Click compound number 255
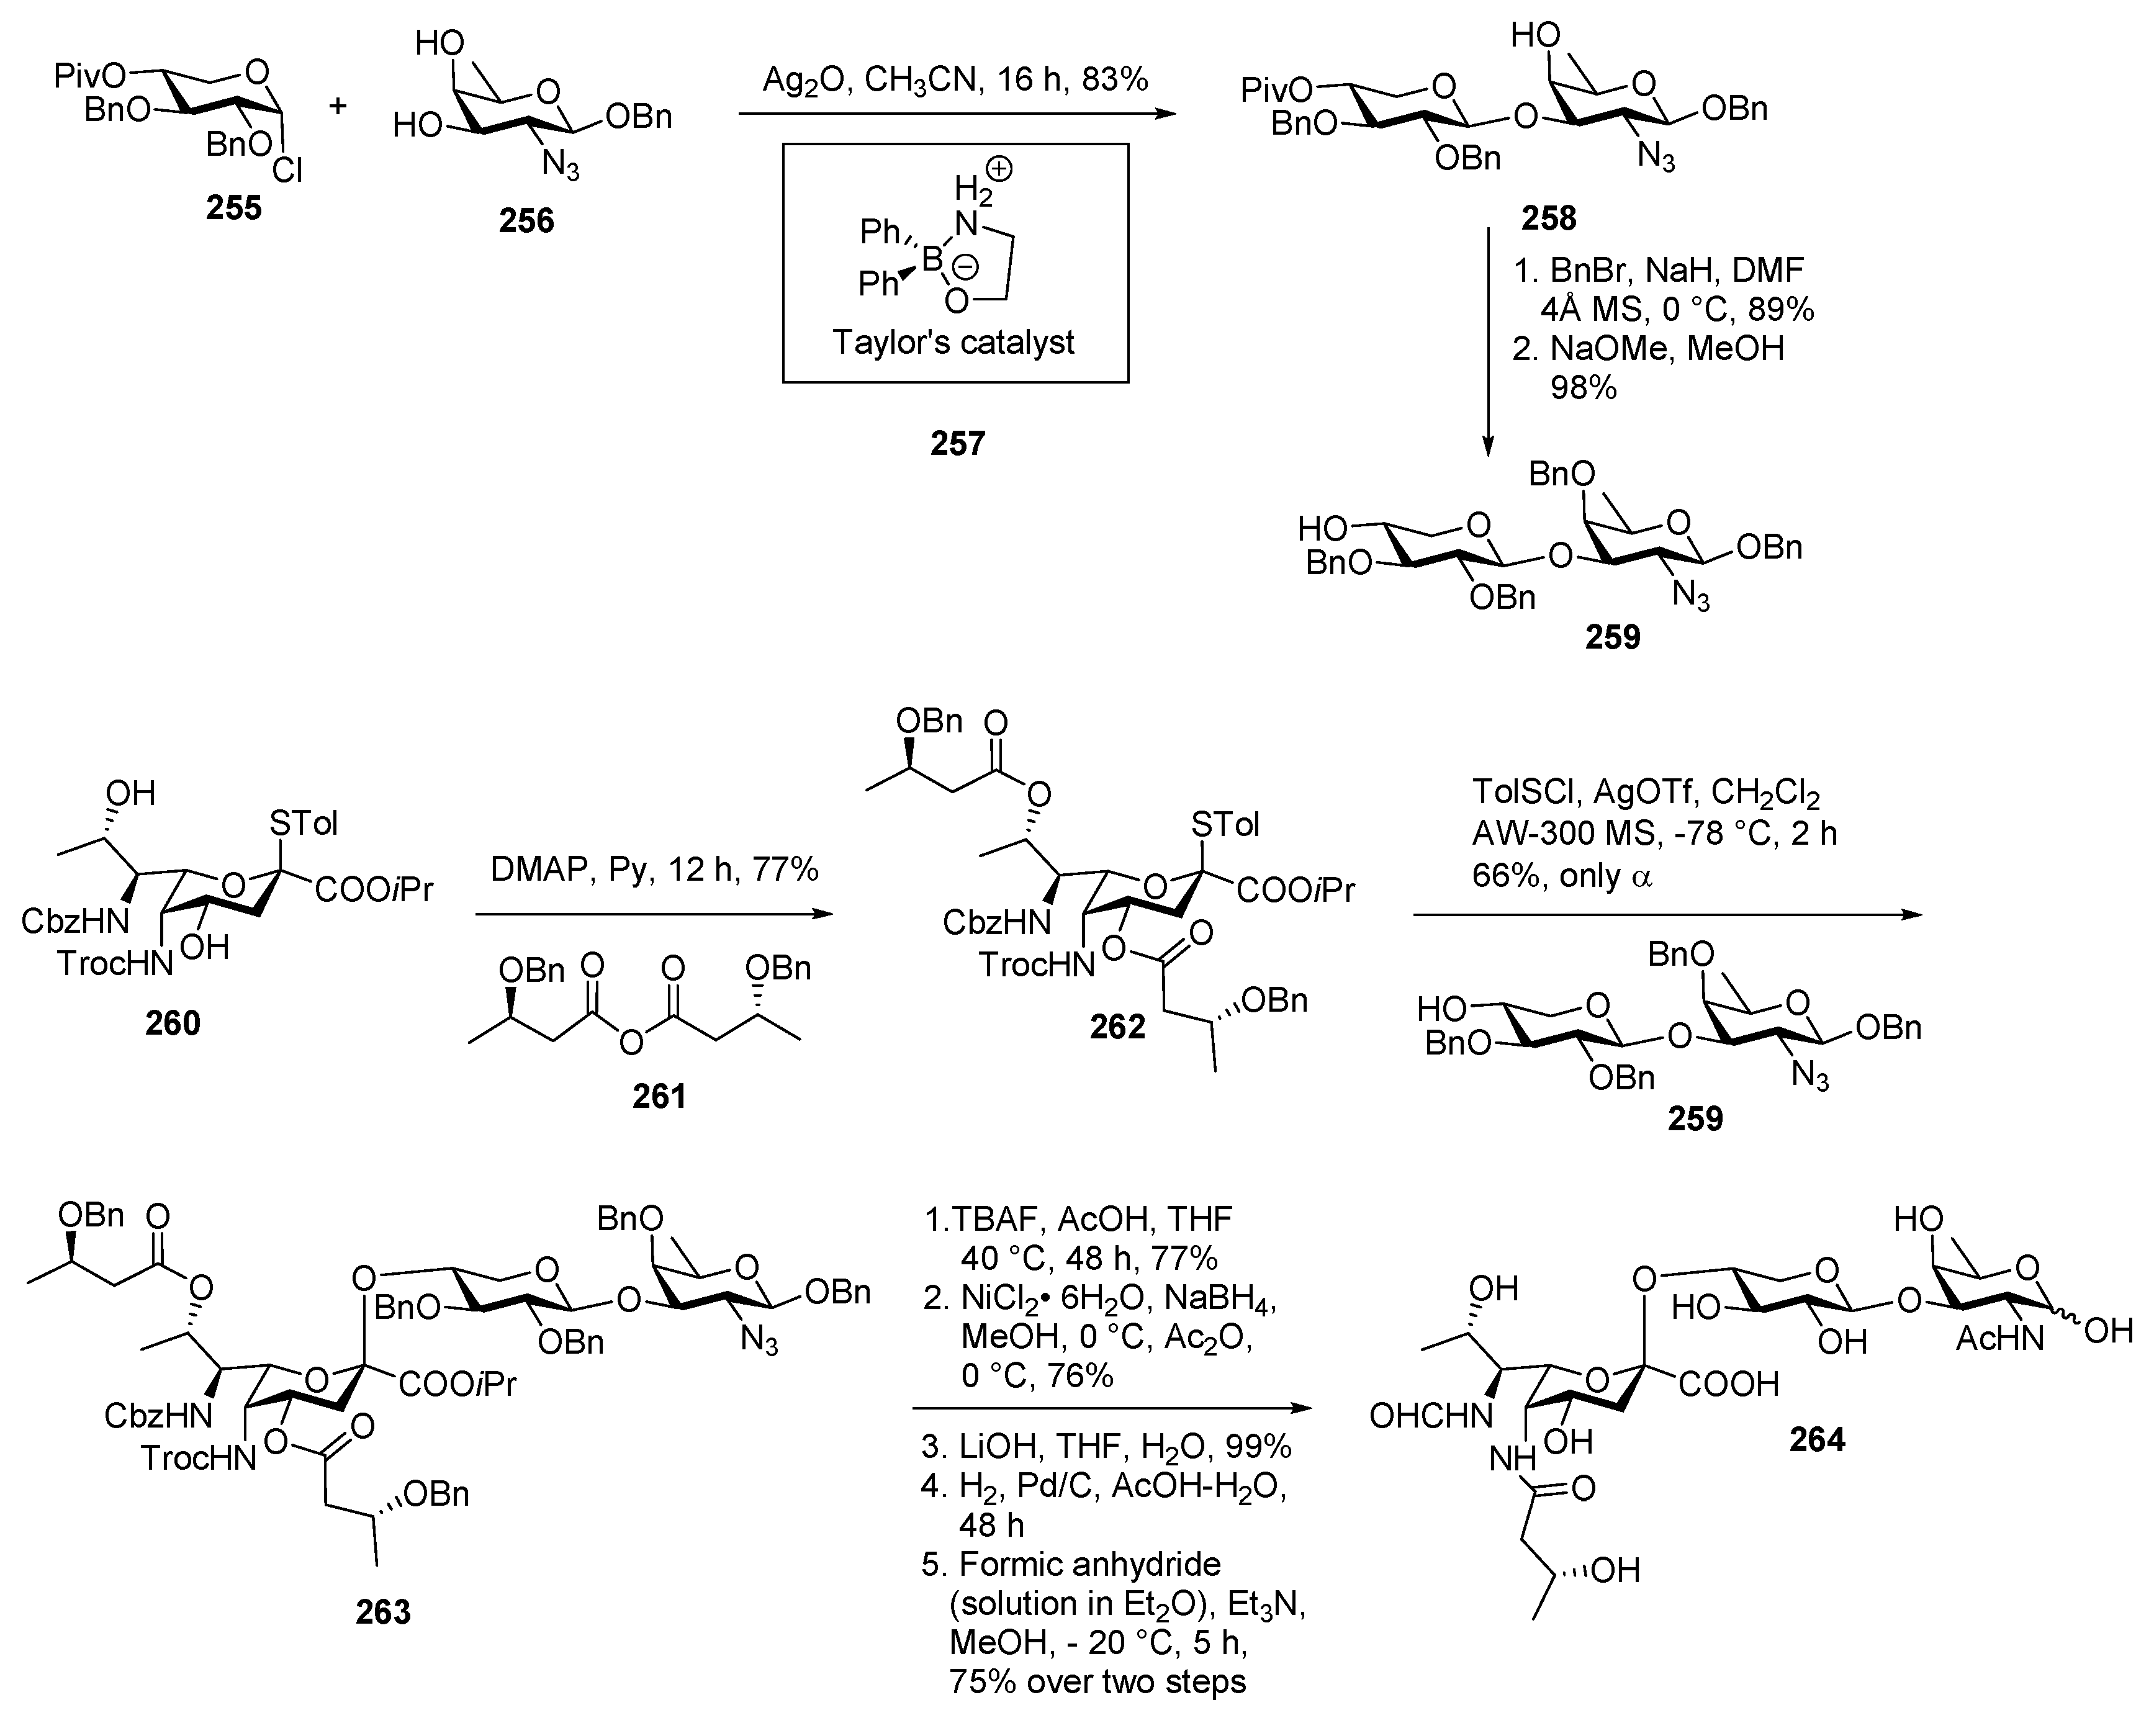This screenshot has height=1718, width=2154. tap(234, 208)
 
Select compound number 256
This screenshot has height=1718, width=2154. tap(526, 220)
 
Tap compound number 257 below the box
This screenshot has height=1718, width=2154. tap(957, 443)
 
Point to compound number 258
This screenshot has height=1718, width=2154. tap(1548, 217)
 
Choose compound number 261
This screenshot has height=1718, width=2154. tap(659, 1095)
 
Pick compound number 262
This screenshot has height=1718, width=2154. tap(1117, 1026)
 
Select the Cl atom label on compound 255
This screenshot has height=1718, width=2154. tap(288, 173)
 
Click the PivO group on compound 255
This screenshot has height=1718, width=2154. tap(90, 75)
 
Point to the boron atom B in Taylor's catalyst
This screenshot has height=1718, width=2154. tap(931, 259)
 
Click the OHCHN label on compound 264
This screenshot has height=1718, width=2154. tap(1430, 1414)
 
